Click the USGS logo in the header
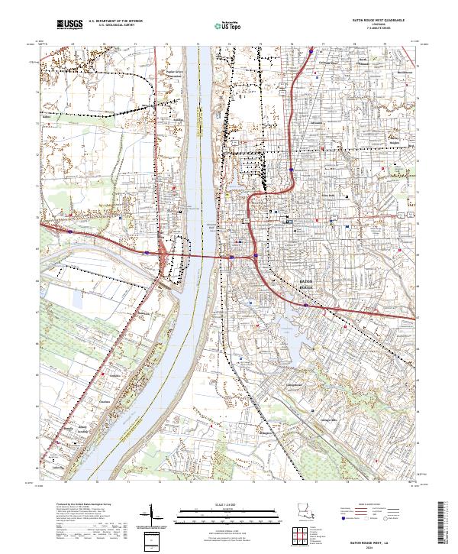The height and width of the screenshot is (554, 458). [x=69, y=25]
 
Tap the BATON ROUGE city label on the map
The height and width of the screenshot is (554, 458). [x=304, y=285]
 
